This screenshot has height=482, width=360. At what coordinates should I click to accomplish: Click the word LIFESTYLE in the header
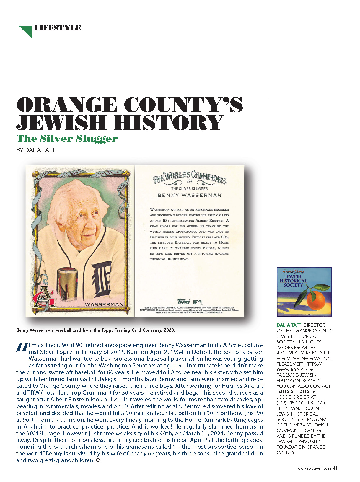[58, 28]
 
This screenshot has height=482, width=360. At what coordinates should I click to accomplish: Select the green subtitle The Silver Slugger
[67, 139]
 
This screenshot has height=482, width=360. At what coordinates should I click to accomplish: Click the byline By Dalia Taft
[36, 150]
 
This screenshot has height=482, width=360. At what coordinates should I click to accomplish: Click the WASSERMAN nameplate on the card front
[104, 304]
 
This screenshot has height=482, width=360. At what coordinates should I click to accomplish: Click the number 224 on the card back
[189, 181]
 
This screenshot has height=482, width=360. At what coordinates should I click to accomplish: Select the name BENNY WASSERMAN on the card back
[189, 195]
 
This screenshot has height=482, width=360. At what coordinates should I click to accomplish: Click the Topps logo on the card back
[183, 302]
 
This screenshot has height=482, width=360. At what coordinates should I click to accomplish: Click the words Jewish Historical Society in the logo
[293, 281]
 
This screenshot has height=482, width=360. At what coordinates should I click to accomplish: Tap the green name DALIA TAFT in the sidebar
[289, 325]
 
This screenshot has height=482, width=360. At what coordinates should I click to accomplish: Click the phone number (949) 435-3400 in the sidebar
[291, 403]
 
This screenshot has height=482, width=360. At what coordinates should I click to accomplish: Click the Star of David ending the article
[98, 460]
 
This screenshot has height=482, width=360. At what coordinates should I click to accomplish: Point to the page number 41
[335, 468]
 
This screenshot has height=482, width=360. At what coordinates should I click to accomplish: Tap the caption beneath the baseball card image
[96, 330]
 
